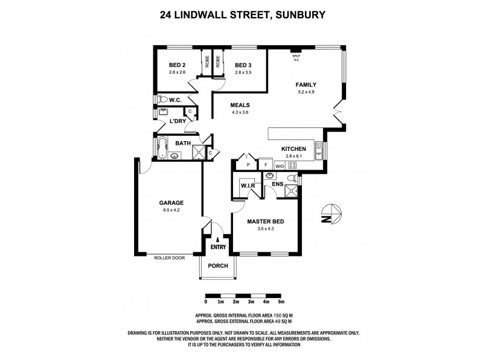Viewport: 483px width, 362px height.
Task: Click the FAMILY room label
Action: (x=305, y=84)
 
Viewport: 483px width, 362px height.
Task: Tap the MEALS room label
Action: (x=240, y=105)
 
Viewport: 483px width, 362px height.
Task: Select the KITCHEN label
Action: (x=294, y=148)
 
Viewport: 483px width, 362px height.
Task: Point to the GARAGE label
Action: (x=171, y=203)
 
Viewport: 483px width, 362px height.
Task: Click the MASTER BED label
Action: (x=266, y=221)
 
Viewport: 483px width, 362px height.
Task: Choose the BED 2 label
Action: (x=177, y=65)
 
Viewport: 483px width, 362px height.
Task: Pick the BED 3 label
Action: (x=243, y=65)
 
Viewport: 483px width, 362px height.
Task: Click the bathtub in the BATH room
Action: (x=162, y=147)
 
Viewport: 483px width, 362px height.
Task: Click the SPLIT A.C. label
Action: (x=296, y=57)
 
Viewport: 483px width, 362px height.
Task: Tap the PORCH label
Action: (x=217, y=265)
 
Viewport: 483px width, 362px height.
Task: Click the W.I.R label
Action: (x=248, y=186)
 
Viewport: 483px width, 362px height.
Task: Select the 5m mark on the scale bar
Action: (x=281, y=302)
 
